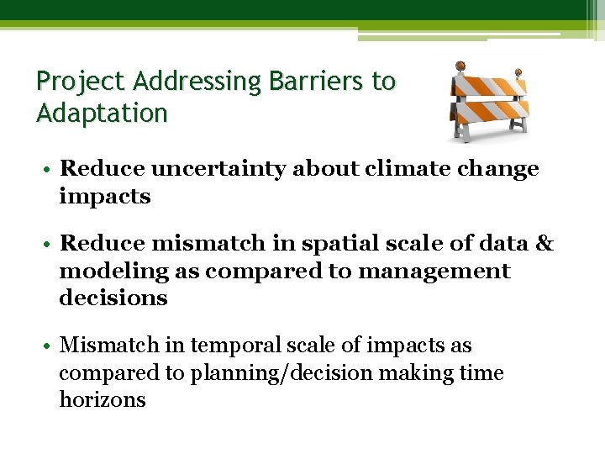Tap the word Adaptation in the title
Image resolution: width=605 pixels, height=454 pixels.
pos(102,113)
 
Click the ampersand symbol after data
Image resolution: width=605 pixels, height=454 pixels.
pos(544,244)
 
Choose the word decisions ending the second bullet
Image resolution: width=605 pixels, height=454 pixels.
pos(113,298)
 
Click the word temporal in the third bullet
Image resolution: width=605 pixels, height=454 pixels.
pos(232,346)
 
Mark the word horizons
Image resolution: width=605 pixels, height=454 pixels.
pos(102,399)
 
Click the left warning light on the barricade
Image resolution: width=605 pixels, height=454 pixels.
pos(460,66)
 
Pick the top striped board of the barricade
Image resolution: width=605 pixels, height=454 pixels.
pos(490,87)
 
